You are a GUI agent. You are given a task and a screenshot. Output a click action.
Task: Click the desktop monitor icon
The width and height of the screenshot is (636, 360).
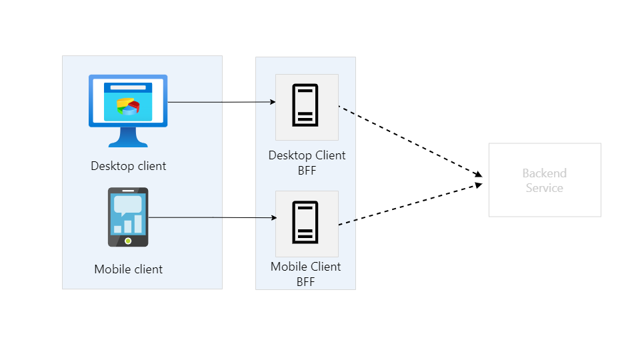coord(128,107)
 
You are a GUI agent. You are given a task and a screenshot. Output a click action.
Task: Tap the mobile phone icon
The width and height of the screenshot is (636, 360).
coord(128,217)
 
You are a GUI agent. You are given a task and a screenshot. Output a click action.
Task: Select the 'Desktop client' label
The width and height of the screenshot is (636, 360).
coord(129,165)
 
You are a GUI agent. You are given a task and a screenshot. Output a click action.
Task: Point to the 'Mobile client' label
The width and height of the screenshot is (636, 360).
coord(129,269)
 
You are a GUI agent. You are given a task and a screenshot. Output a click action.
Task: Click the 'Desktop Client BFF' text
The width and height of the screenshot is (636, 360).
coord(307,163)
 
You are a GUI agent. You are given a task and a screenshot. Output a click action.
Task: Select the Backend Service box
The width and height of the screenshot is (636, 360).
coord(545,180)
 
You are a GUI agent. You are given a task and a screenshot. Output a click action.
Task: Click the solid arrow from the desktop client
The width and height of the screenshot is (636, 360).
coord(220,102)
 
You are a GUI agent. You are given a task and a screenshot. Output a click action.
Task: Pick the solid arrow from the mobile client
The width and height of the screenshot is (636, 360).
coord(212,217)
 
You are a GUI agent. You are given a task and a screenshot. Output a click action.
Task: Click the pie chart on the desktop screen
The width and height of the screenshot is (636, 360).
coord(128,107)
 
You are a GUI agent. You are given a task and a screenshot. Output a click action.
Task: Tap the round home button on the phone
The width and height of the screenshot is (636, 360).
coord(128,240)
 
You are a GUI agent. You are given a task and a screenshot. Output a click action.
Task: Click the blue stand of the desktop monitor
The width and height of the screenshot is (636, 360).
coord(128,138)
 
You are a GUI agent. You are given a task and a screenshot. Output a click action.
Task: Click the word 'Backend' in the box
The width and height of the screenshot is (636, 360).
coord(545,173)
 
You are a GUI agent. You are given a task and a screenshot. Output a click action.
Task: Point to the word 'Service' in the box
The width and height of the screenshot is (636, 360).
coord(545,188)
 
